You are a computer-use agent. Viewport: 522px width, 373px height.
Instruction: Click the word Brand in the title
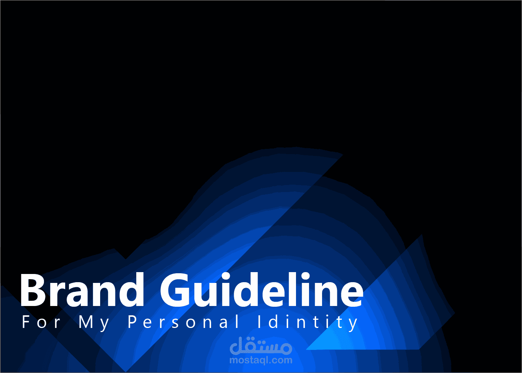(82, 290)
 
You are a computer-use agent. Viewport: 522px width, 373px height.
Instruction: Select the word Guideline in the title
(261, 290)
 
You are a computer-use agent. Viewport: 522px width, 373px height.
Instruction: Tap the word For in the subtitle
(41, 322)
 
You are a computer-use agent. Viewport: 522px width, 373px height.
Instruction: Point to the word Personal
(183, 322)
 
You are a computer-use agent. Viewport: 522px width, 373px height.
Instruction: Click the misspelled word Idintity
(308, 323)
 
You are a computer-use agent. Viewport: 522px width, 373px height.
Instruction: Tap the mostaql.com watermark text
(261, 360)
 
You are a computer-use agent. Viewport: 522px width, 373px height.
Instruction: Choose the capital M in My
(86, 322)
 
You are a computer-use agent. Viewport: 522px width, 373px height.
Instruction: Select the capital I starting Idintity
(259, 322)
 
